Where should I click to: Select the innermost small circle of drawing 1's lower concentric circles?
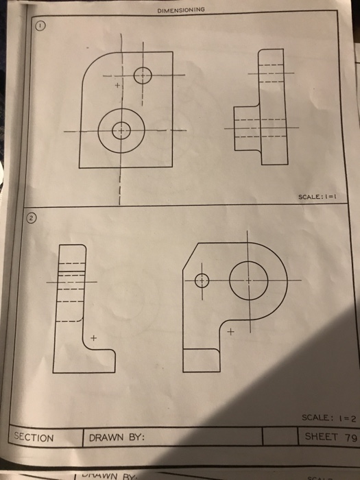(121, 129)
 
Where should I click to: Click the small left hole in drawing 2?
(202, 280)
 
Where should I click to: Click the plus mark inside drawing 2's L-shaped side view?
(94, 339)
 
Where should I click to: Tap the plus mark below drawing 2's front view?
(231, 333)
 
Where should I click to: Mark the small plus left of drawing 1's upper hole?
(117, 86)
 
